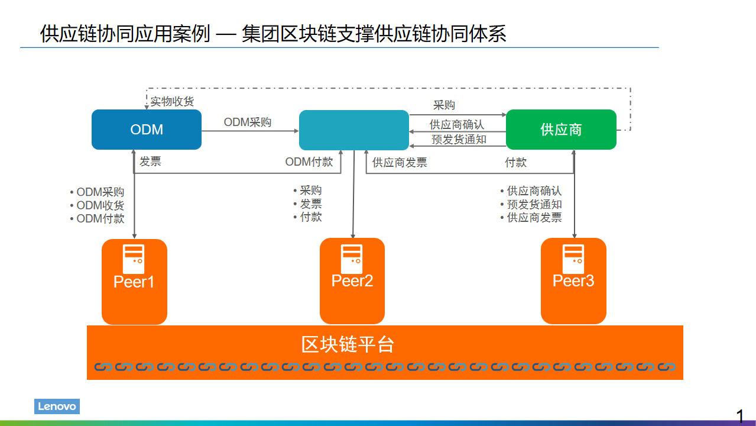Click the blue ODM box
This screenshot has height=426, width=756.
click(x=146, y=130)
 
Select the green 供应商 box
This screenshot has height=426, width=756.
click(x=561, y=130)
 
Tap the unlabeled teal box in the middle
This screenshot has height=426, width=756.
click(x=353, y=130)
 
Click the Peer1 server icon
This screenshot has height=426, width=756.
click(x=134, y=259)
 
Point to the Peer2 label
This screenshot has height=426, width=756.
click(x=352, y=280)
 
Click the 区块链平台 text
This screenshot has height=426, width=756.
click(x=348, y=344)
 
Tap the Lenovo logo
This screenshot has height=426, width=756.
click(x=57, y=406)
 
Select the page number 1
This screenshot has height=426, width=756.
click(x=740, y=417)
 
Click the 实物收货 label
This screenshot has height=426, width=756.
click(x=172, y=102)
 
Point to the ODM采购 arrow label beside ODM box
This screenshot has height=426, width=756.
click(x=248, y=122)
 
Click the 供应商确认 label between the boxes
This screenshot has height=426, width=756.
click(x=457, y=125)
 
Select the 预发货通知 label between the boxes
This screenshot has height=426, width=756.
click(x=459, y=140)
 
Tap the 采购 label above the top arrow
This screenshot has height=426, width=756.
click(x=444, y=105)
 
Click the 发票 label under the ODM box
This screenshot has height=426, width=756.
click(x=150, y=162)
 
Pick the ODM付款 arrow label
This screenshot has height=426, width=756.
click(x=309, y=162)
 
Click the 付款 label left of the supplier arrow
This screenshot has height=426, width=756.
click(x=515, y=162)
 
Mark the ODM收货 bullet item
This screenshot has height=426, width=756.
click(x=100, y=205)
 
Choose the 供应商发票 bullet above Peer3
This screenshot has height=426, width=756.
click(x=534, y=218)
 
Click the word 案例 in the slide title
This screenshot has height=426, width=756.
click(x=190, y=34)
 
